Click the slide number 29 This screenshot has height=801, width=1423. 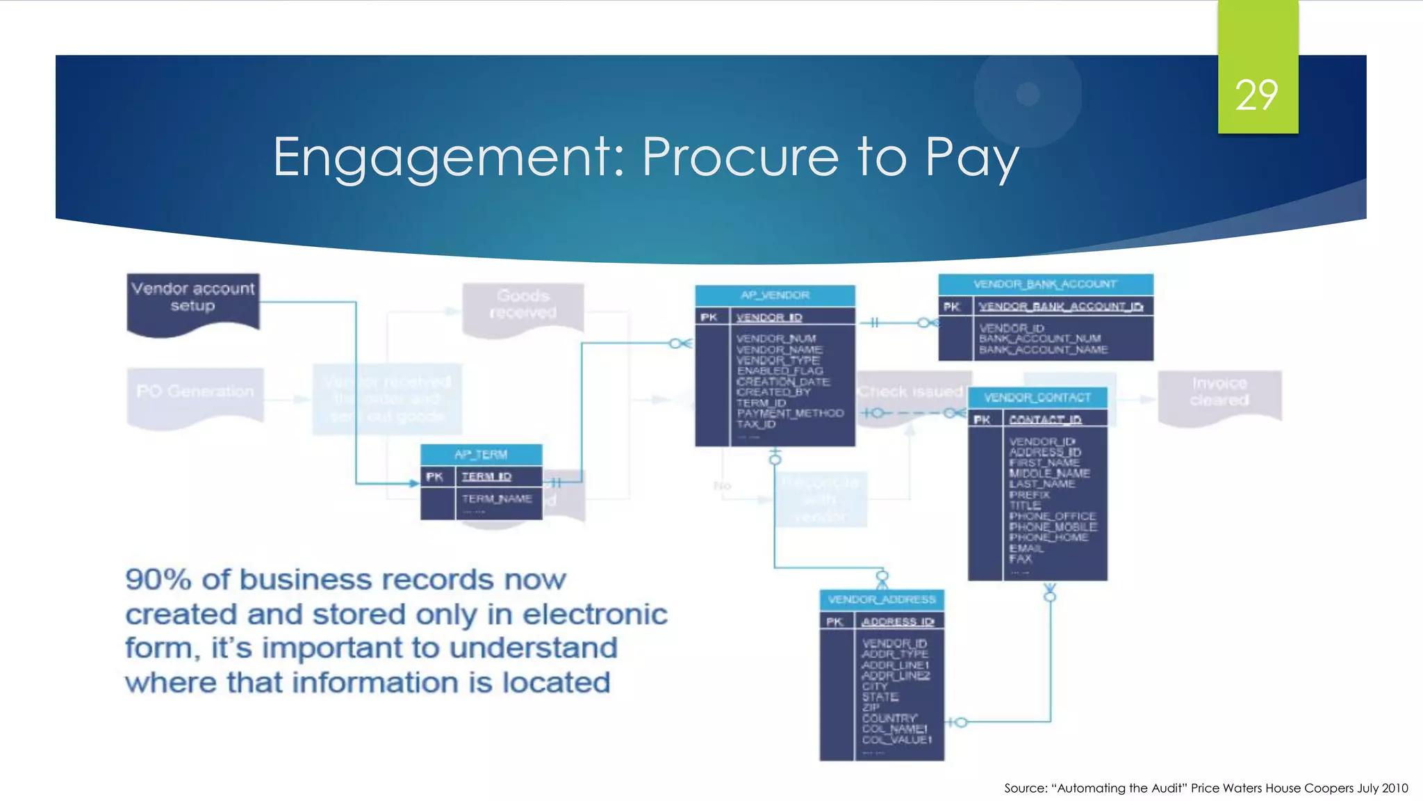(x=1256, y=95)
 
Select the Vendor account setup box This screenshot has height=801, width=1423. (x=193, y=298)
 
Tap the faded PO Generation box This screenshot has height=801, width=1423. (x=195, y=391)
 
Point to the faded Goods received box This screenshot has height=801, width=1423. (x=523, y=305)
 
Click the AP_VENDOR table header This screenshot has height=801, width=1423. (x=775, y=295)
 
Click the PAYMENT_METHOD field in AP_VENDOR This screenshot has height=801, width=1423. (x=790, y=413)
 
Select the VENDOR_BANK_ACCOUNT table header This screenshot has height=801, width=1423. (x=1045, y=284)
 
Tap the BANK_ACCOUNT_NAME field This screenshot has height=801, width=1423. (x=1043, y=350)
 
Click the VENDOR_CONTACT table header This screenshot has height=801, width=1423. (x=1037, y=397)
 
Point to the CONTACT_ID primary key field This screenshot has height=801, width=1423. (x=1045, y=419)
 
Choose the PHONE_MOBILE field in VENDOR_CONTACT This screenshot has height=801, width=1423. (x=1053, y=527)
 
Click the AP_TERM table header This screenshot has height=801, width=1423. (x=481, y=454)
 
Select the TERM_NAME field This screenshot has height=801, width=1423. (x=497, y=499)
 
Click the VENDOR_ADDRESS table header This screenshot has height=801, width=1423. (x=882, y=599)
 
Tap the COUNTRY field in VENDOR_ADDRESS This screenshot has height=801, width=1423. (x=889, y=718)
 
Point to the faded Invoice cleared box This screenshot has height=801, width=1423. (x=1219, y=391)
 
